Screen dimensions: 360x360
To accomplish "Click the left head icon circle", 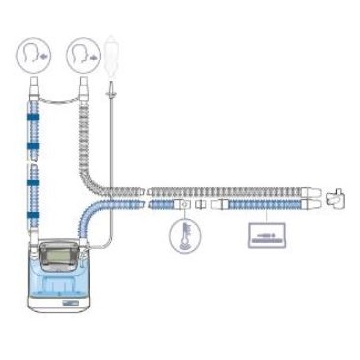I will (33, 56).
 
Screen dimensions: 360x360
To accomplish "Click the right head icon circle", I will (81, 56).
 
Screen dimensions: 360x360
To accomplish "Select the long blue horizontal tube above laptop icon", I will (263, 206).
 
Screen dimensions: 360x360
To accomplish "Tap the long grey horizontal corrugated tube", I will (228, 188).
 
